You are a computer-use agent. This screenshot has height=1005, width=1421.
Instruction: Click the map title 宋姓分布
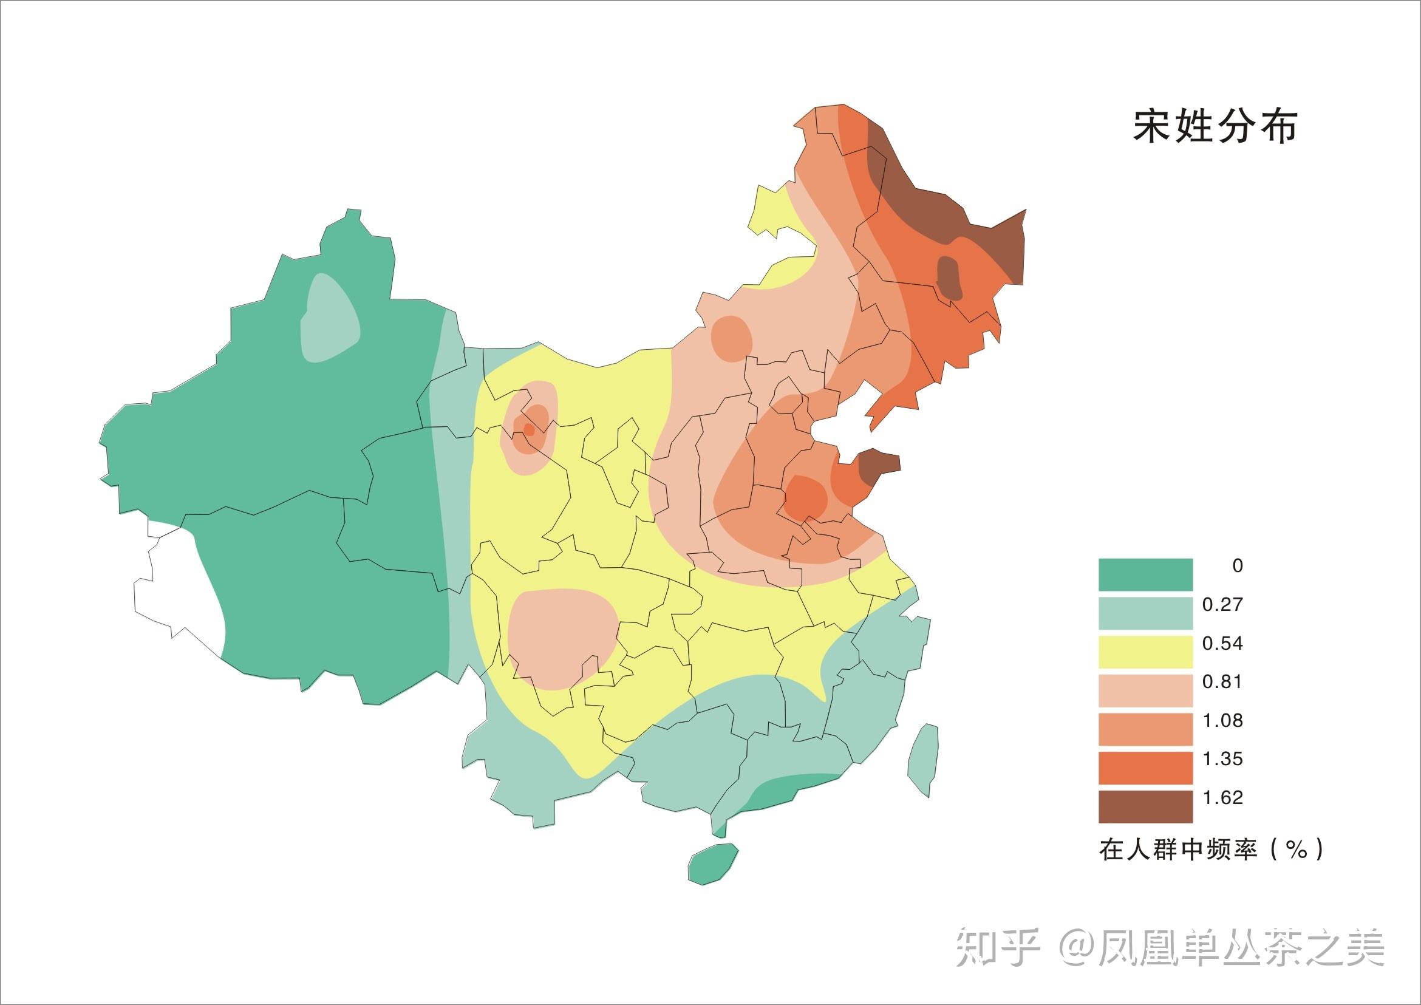point(1215,128)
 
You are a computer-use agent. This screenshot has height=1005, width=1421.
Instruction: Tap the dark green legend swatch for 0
point(1145,575)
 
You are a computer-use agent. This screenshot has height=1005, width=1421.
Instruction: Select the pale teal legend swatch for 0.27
point(1145,613)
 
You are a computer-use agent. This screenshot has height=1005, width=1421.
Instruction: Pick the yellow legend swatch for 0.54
point(1145,652)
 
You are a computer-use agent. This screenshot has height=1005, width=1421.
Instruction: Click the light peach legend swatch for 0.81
point(1145,690)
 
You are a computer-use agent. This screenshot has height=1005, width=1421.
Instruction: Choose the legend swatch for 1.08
point(1145,729)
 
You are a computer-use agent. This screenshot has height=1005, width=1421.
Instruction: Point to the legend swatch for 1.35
point(1145,768)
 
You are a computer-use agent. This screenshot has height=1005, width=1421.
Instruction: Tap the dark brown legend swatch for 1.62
point(1145,806)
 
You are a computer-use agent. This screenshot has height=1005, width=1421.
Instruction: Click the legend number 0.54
point(1223,644)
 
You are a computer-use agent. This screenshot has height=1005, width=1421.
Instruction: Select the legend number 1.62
point(1223,798)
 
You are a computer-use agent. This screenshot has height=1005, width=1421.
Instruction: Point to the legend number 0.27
point(1223,605)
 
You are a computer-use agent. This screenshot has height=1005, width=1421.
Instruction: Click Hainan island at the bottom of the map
point(713,864)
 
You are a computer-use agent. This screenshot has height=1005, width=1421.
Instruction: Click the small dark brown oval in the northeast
point(948,279)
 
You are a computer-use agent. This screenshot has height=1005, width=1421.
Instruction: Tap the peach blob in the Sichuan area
point(560,638)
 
